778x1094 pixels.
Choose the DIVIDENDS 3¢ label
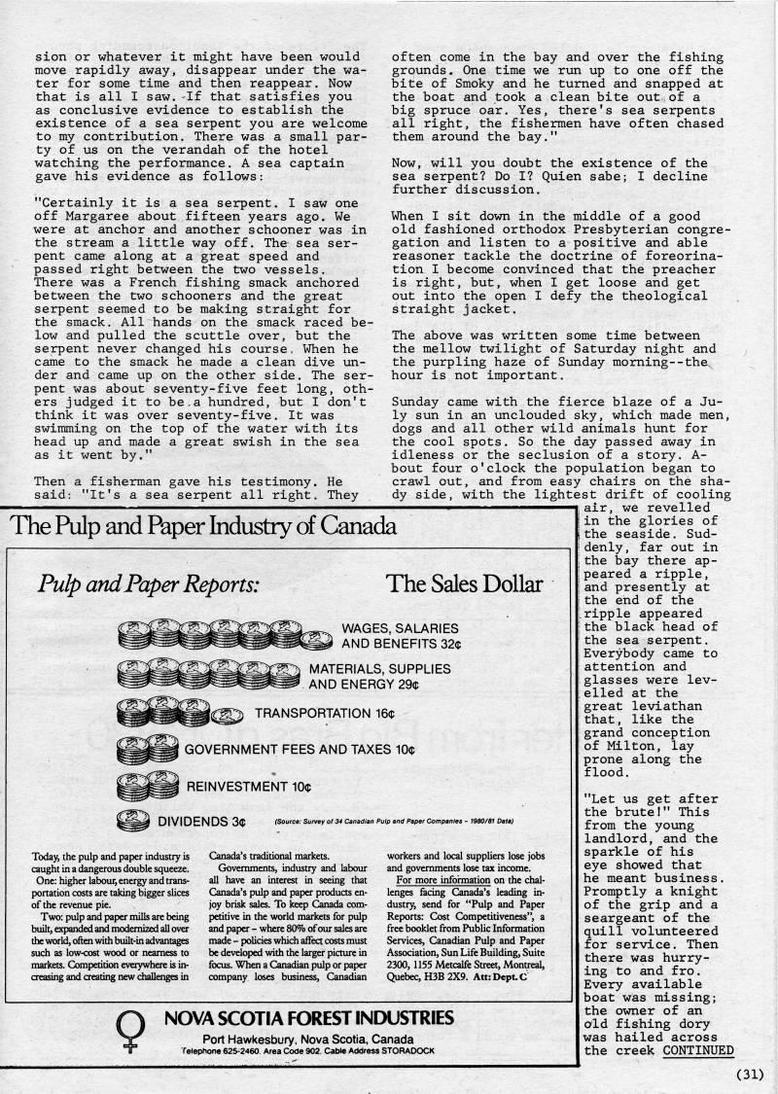pyautogui.click(x=201, y=822)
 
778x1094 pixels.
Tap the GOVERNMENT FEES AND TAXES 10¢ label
pyautogui.click(x=300, y=750)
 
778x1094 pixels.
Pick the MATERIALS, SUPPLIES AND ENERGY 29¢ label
pyautogui.click(x=380, y=676)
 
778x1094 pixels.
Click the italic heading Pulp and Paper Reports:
pyautogui.click(x=148, y=583)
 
